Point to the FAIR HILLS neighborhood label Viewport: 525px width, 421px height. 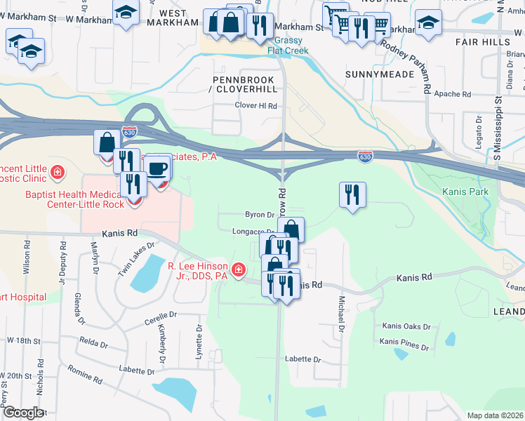(x=491, y=43)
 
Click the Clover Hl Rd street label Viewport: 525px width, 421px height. (x=256, y=106)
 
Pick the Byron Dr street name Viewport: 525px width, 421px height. (x=258, y=215)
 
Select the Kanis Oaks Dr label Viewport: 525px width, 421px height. (x=406, y=326)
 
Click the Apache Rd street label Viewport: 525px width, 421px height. (x=452, y=93)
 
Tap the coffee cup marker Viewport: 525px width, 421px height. (x=158, y=169)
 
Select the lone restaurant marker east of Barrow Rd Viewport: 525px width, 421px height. (x=352, y=194)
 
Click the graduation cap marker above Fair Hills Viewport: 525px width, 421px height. (x=428, y=24)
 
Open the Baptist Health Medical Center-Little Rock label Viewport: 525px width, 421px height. (x=75, y=199)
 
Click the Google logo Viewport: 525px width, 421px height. (x=22, y=413)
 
